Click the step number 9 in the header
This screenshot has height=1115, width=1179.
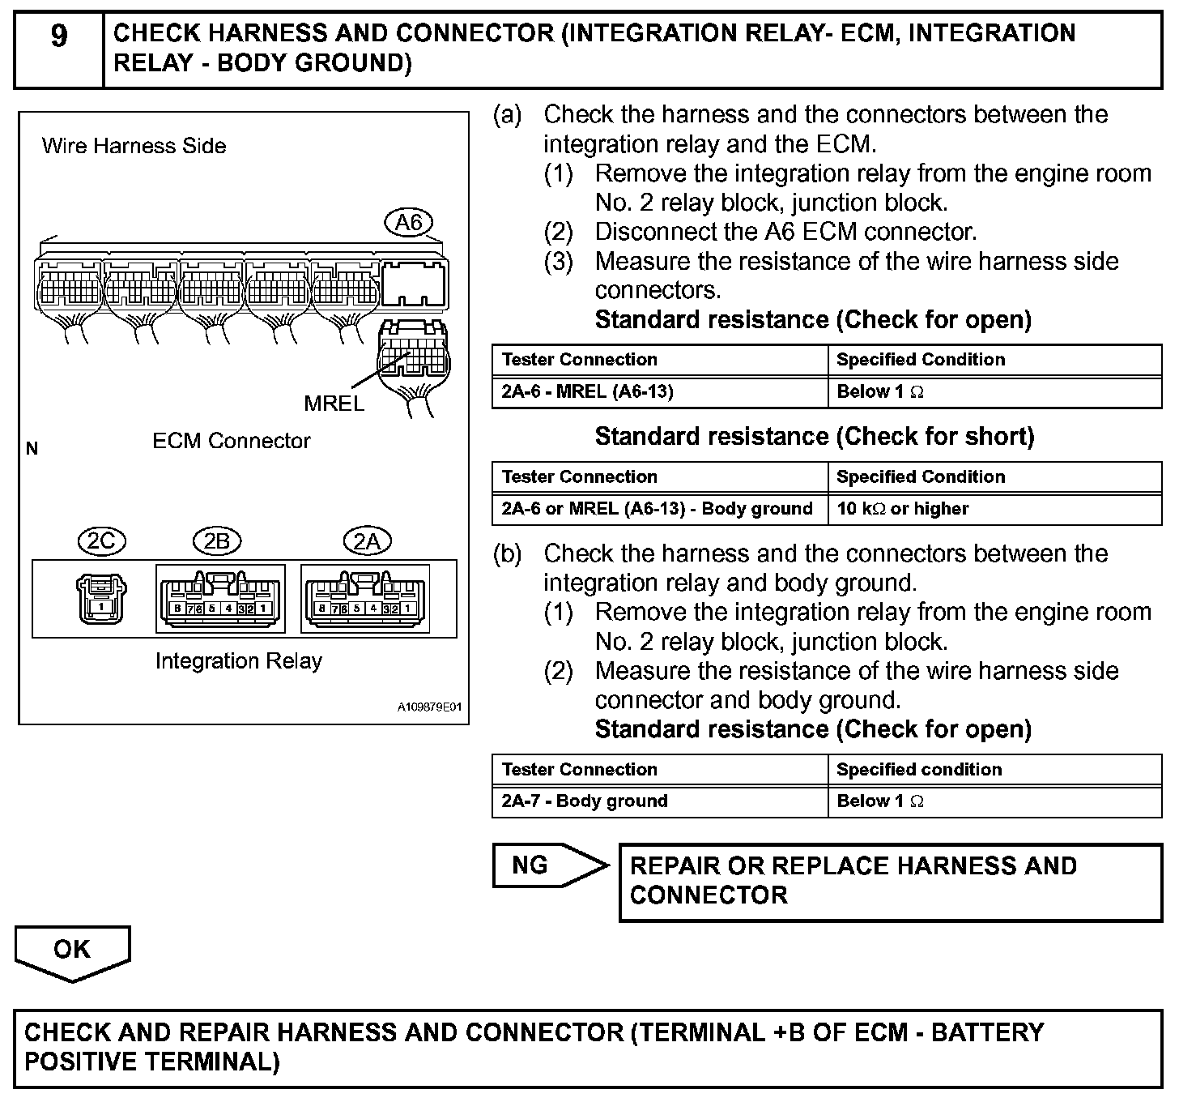coord(59,36)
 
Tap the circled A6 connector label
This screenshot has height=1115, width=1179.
coord(408,223)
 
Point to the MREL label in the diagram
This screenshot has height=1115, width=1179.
coord(334,403)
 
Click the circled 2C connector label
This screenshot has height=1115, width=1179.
coord(101,541)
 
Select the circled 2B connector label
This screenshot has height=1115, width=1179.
coord(217,541)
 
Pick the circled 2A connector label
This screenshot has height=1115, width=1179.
coord(367,541)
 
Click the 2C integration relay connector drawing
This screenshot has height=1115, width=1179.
coord(101,599)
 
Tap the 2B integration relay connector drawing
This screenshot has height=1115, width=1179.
coord(220,600)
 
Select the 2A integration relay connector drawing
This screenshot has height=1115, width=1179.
coord(365,600)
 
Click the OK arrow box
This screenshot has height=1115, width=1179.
coord(72,951)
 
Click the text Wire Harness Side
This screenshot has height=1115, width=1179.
coord(134,147)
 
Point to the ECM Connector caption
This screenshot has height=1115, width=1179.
coord(232,442)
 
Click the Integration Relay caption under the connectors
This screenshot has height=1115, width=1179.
coord(239,662)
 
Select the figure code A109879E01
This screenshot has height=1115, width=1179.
coord(429,707)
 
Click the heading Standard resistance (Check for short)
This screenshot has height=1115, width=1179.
coord(814,437)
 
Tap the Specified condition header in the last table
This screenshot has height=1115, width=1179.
coord(919,770)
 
